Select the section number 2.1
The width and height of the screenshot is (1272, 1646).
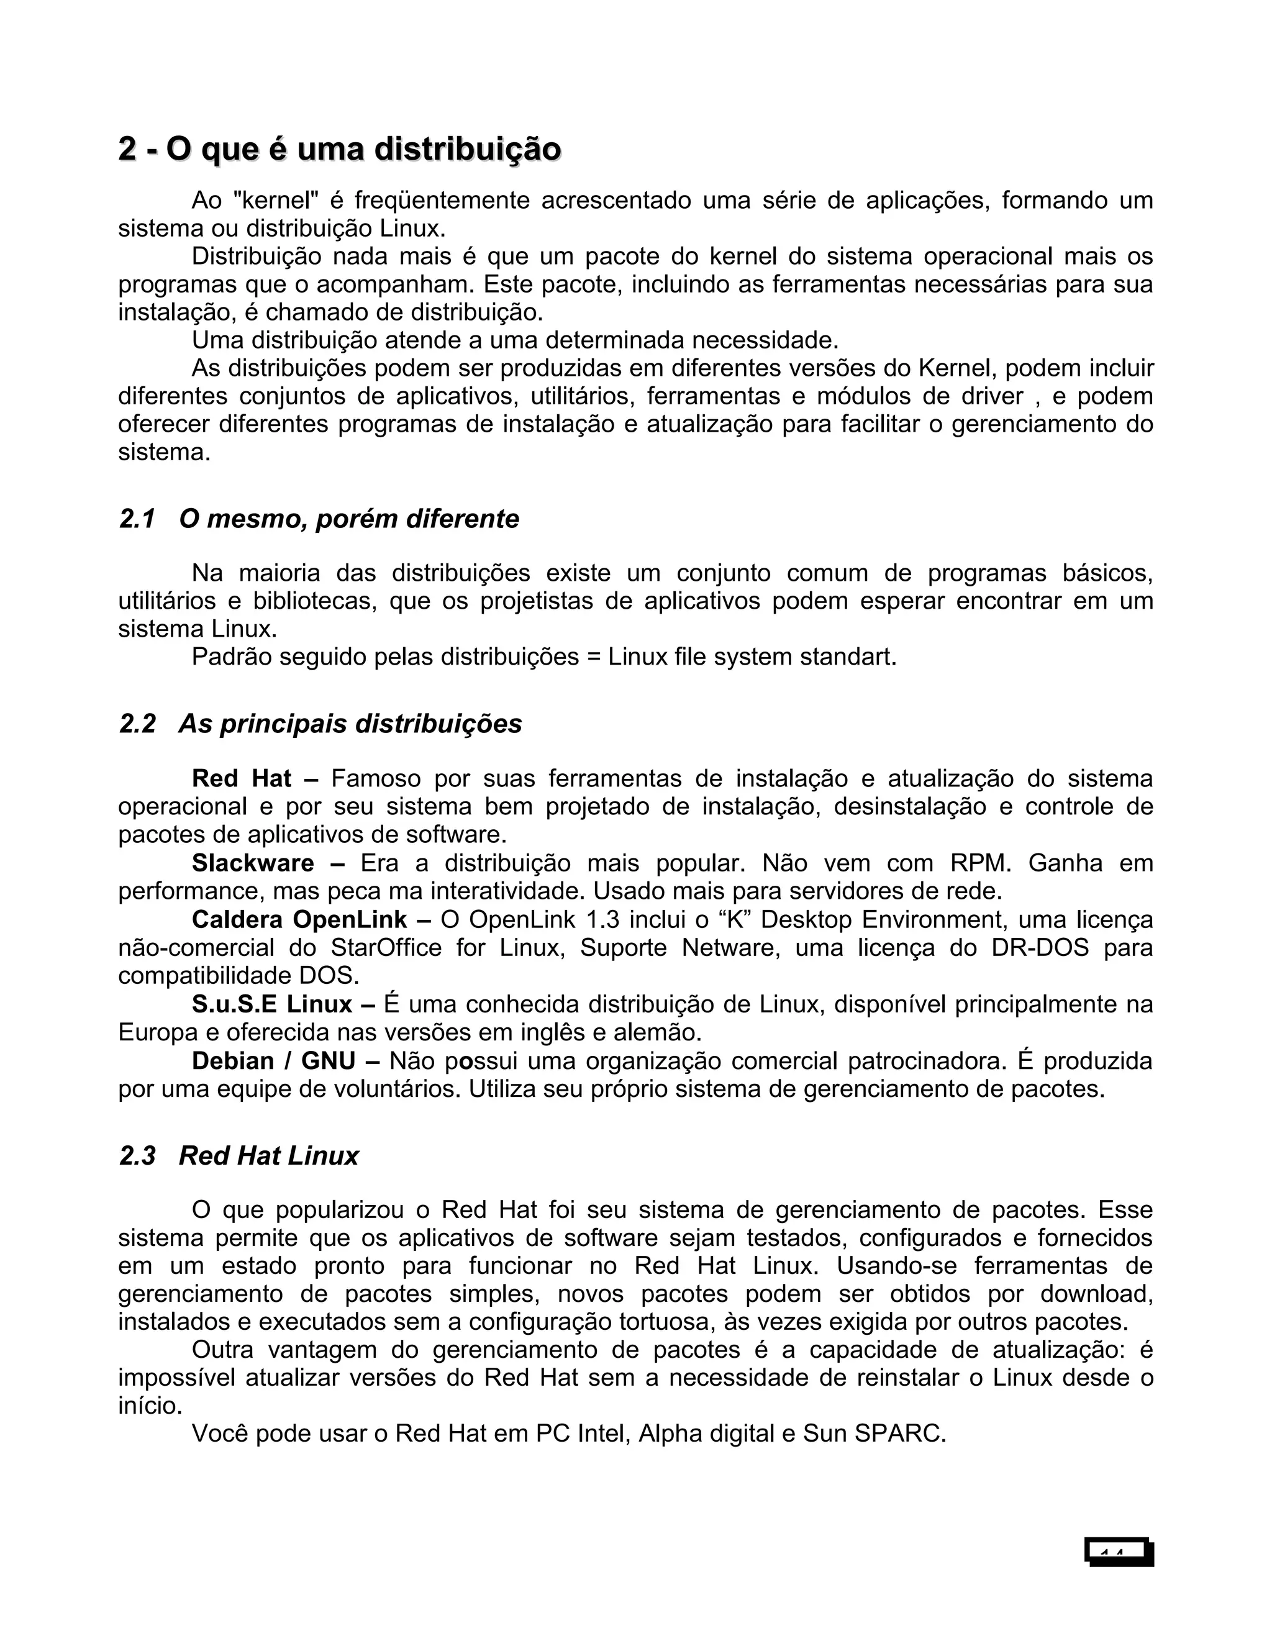pyautogui.click(x=137, y=519)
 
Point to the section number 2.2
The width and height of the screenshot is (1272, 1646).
pyautogui.click(x=137, y=724)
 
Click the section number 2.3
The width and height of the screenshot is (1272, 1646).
pyautogui.click(x=137, y=1156)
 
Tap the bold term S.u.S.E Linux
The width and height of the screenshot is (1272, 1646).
pyautogui.click(x=272, y=1004)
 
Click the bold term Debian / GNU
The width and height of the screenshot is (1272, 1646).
pyautogui.click(x=273, y=1061)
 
